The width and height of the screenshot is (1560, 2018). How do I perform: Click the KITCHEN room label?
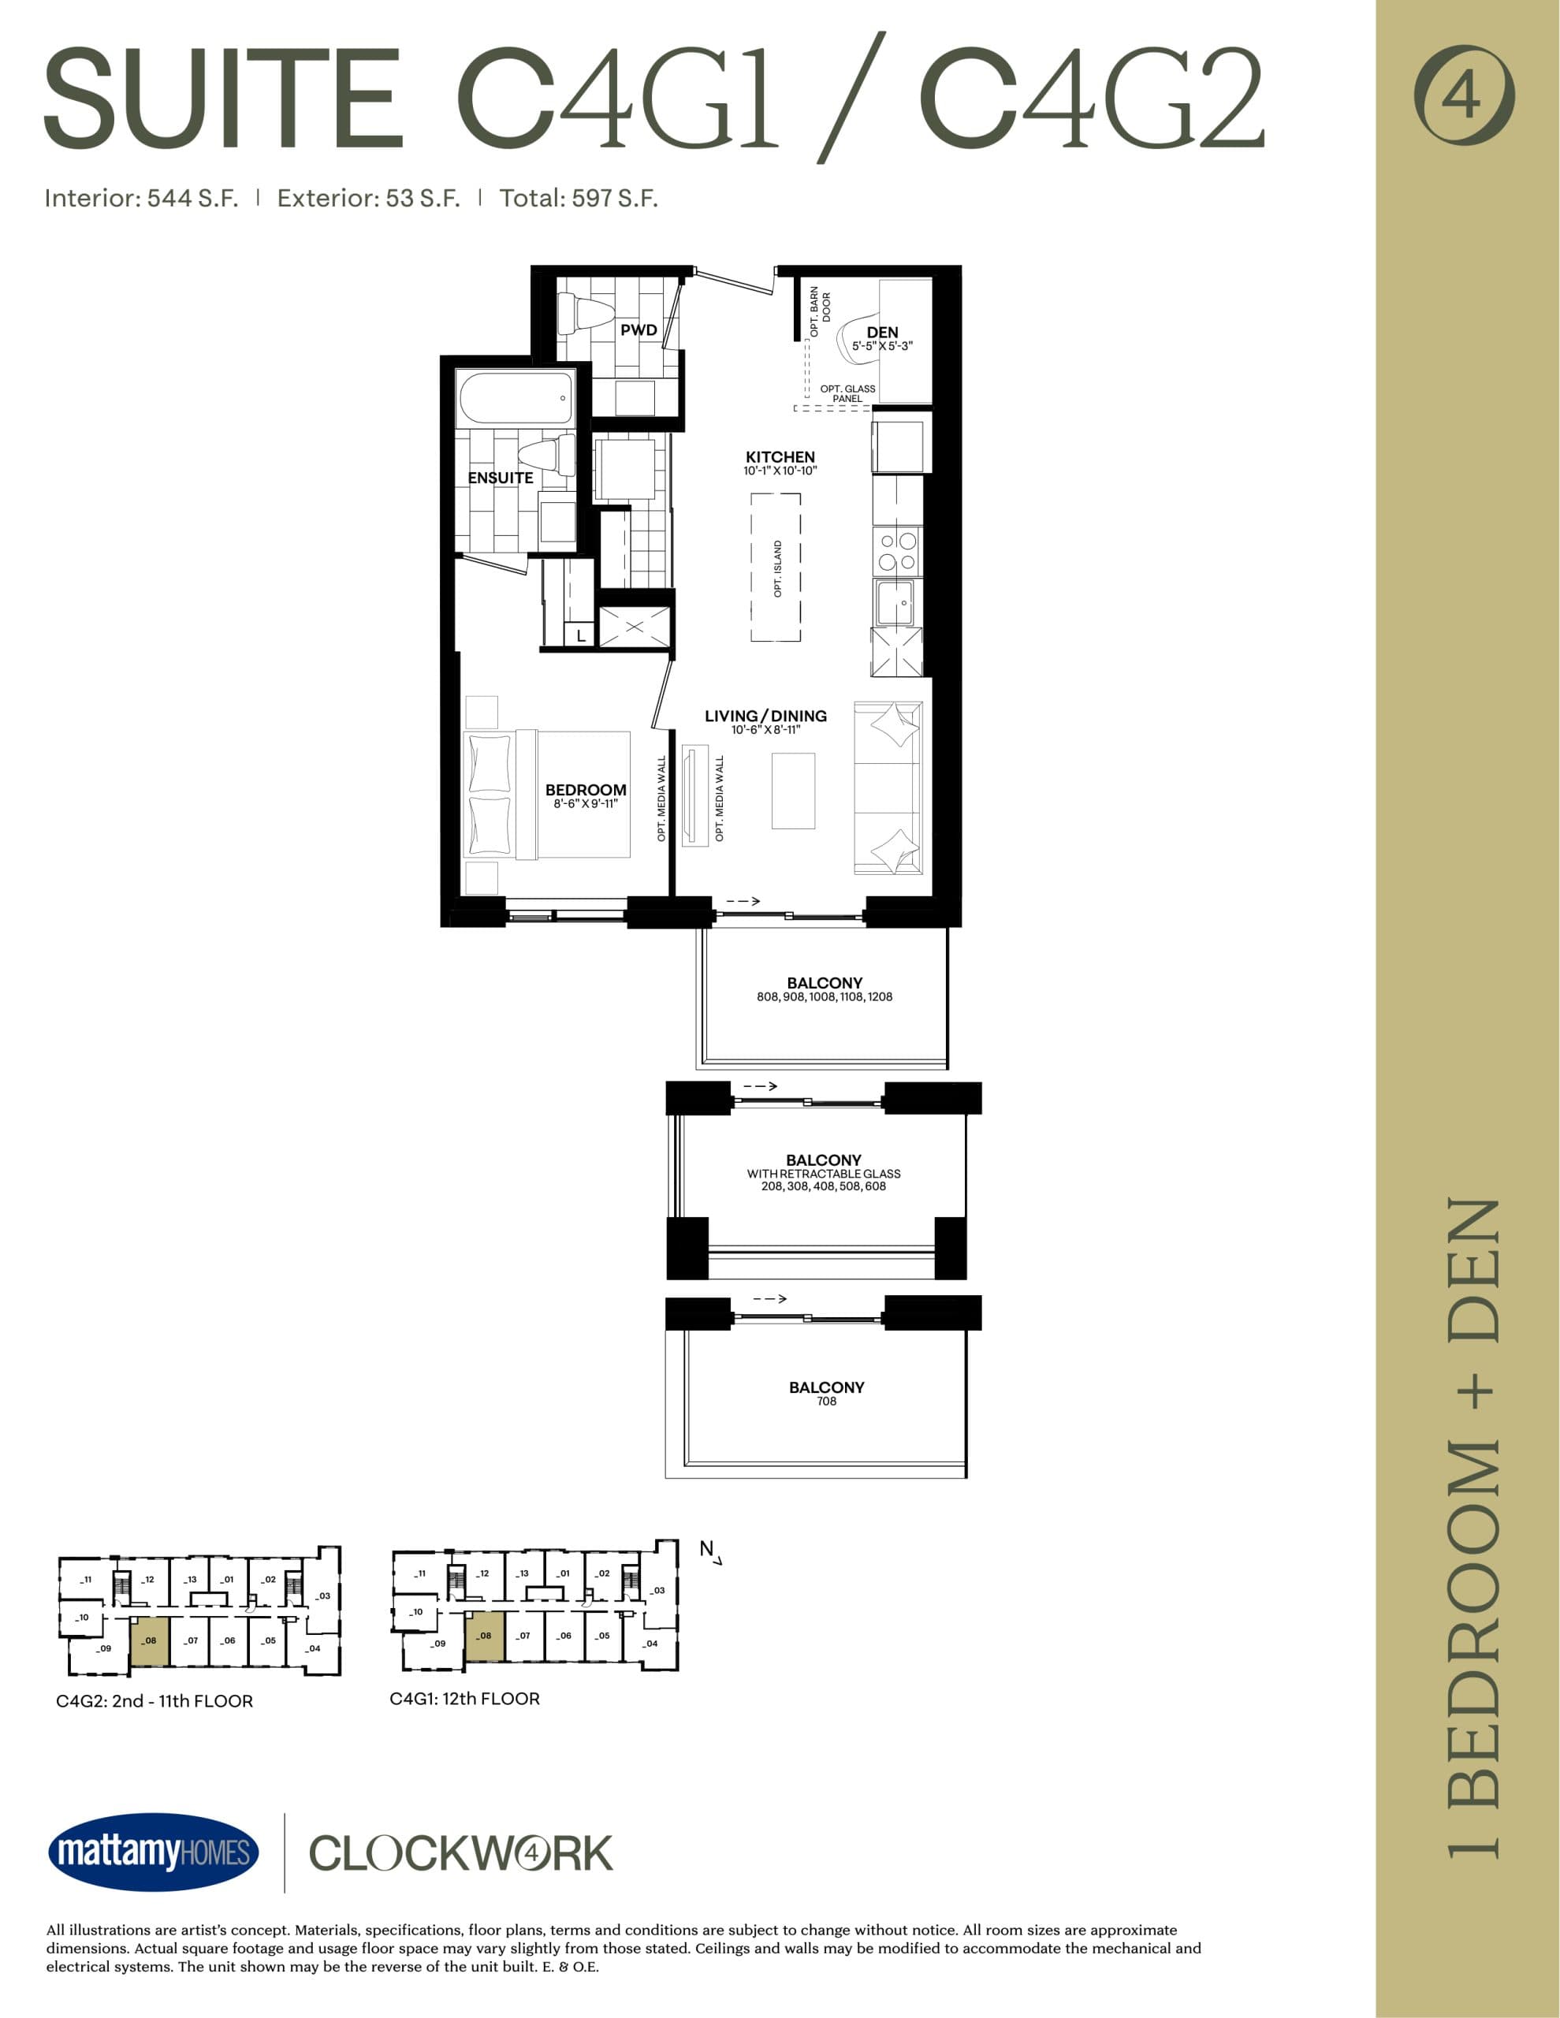(780, 457)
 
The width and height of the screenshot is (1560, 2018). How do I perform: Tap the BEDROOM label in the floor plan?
(585, 790)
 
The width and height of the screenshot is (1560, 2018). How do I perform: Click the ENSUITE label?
(500, 478)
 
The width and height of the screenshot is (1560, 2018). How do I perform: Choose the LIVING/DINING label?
(765, 716)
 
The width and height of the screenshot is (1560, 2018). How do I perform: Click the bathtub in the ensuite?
(515, 397)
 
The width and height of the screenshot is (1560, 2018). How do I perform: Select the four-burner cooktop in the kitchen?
(897, 552)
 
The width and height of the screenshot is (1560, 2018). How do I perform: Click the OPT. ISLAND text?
(777, 568)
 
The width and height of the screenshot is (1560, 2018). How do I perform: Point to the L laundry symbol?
(580, 635)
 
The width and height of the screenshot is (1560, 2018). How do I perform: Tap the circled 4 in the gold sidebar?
(1464, 95)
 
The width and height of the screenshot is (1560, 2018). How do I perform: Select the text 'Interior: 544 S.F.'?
(141, 199)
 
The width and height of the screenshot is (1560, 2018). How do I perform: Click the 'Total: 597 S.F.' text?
(579, 199)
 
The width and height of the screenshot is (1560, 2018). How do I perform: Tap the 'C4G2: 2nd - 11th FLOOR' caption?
(155, 1701)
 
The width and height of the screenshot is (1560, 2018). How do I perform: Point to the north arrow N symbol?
(709, 1551)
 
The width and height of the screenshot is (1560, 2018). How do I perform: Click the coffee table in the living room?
(793, 791)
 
